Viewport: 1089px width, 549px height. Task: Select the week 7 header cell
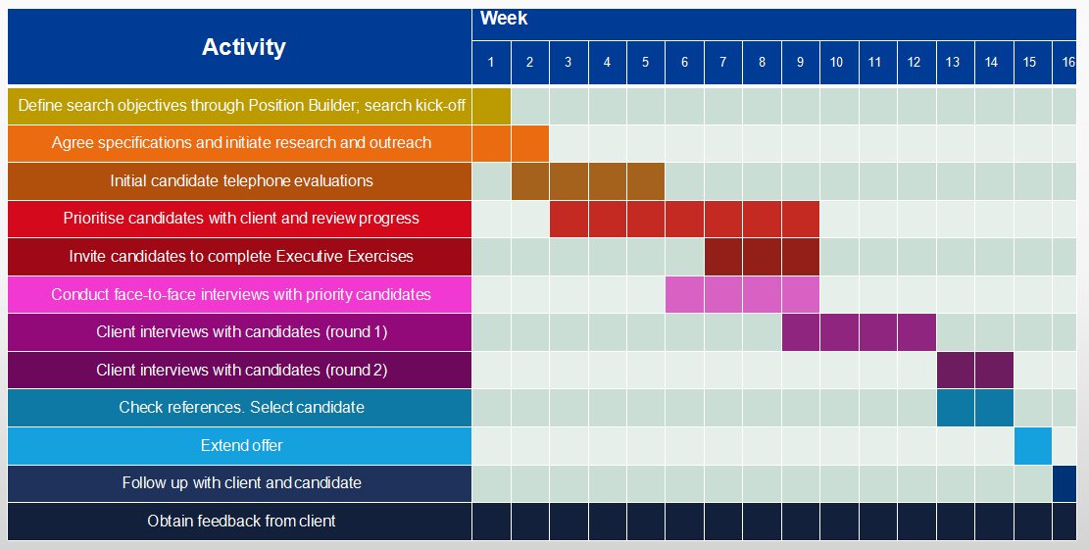pyautogui.click(x=723, y=63)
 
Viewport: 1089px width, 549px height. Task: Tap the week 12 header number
pyautogui.click(x=914, y=63)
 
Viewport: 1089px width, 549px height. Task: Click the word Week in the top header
pyautogui.click(x=504, y=19)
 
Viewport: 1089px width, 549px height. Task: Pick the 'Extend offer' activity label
pyautogui.click(x=242, y=445)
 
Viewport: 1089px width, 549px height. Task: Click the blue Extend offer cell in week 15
pyautogui.click(x=1033, y=446)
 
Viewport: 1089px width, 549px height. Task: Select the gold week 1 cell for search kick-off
pyautogui.click(x=492, y=106)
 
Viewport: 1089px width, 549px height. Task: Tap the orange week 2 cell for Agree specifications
pyautogui.click(x=530, y=143)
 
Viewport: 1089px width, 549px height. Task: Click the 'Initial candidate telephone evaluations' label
pyautogui.click(x=242, y=181)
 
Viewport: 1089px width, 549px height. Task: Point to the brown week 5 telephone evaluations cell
pyautogui.click(x=646, y=181)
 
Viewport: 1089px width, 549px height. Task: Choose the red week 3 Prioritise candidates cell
pyautogui.click(x=569, y=219)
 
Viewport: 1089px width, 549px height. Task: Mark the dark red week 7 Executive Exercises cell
pyautogui.click(x=723, y=257)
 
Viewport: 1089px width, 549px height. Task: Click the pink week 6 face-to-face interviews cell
pyautogui.click(x=684, y=295)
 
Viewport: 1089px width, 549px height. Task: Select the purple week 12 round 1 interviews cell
pyautogui.click(x=916, y=332)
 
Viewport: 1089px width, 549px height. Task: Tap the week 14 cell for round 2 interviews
pyautogui.click(x=994, y=371)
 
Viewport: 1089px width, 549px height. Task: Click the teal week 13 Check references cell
pyautogui.click(x=955, y=408)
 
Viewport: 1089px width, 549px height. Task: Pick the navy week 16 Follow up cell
pyautogui.click(x=1064, y=483)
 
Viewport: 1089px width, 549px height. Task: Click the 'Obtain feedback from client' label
pyautogui.click(x=242, y=522)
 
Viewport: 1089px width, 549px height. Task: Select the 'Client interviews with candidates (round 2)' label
pyautogui.click(x=242, y=371)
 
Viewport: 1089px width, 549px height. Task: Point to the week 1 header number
pyautogui.click(x=491, y=63)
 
